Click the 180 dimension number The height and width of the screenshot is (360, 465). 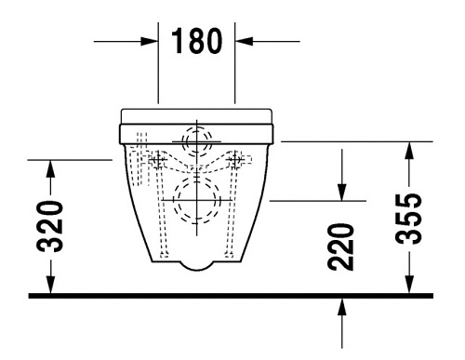point(197,41)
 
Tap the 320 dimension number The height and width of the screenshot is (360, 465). point(50,226)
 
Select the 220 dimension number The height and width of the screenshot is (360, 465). point(340,247)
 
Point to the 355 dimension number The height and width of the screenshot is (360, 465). point(409,219)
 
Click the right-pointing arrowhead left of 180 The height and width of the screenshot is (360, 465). point(148,41)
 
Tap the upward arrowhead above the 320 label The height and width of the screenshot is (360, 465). point(51,168)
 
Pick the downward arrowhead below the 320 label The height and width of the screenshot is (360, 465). point(51,285)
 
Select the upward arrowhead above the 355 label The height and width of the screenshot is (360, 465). point(409,151)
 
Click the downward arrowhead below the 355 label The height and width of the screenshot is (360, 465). point(409,285)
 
